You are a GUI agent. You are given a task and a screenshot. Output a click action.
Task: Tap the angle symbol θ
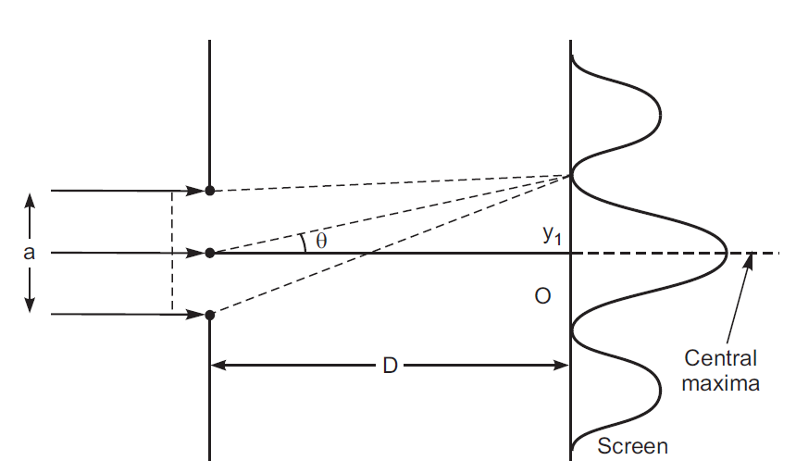321,241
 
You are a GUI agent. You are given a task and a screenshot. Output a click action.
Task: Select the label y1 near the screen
553,236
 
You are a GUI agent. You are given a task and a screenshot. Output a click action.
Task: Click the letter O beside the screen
543,296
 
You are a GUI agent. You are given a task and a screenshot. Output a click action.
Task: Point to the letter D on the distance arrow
390,366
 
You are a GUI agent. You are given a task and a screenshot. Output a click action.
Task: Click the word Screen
632,446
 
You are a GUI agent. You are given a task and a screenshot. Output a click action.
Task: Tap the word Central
720,358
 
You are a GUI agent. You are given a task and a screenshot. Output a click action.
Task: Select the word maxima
721,381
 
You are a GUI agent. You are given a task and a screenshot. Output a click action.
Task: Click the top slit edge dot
210,191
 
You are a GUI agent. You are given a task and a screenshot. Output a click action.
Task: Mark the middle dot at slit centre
210,253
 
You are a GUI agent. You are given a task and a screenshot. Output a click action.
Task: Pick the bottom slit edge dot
210,315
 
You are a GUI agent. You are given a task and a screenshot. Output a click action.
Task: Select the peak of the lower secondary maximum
661,390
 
